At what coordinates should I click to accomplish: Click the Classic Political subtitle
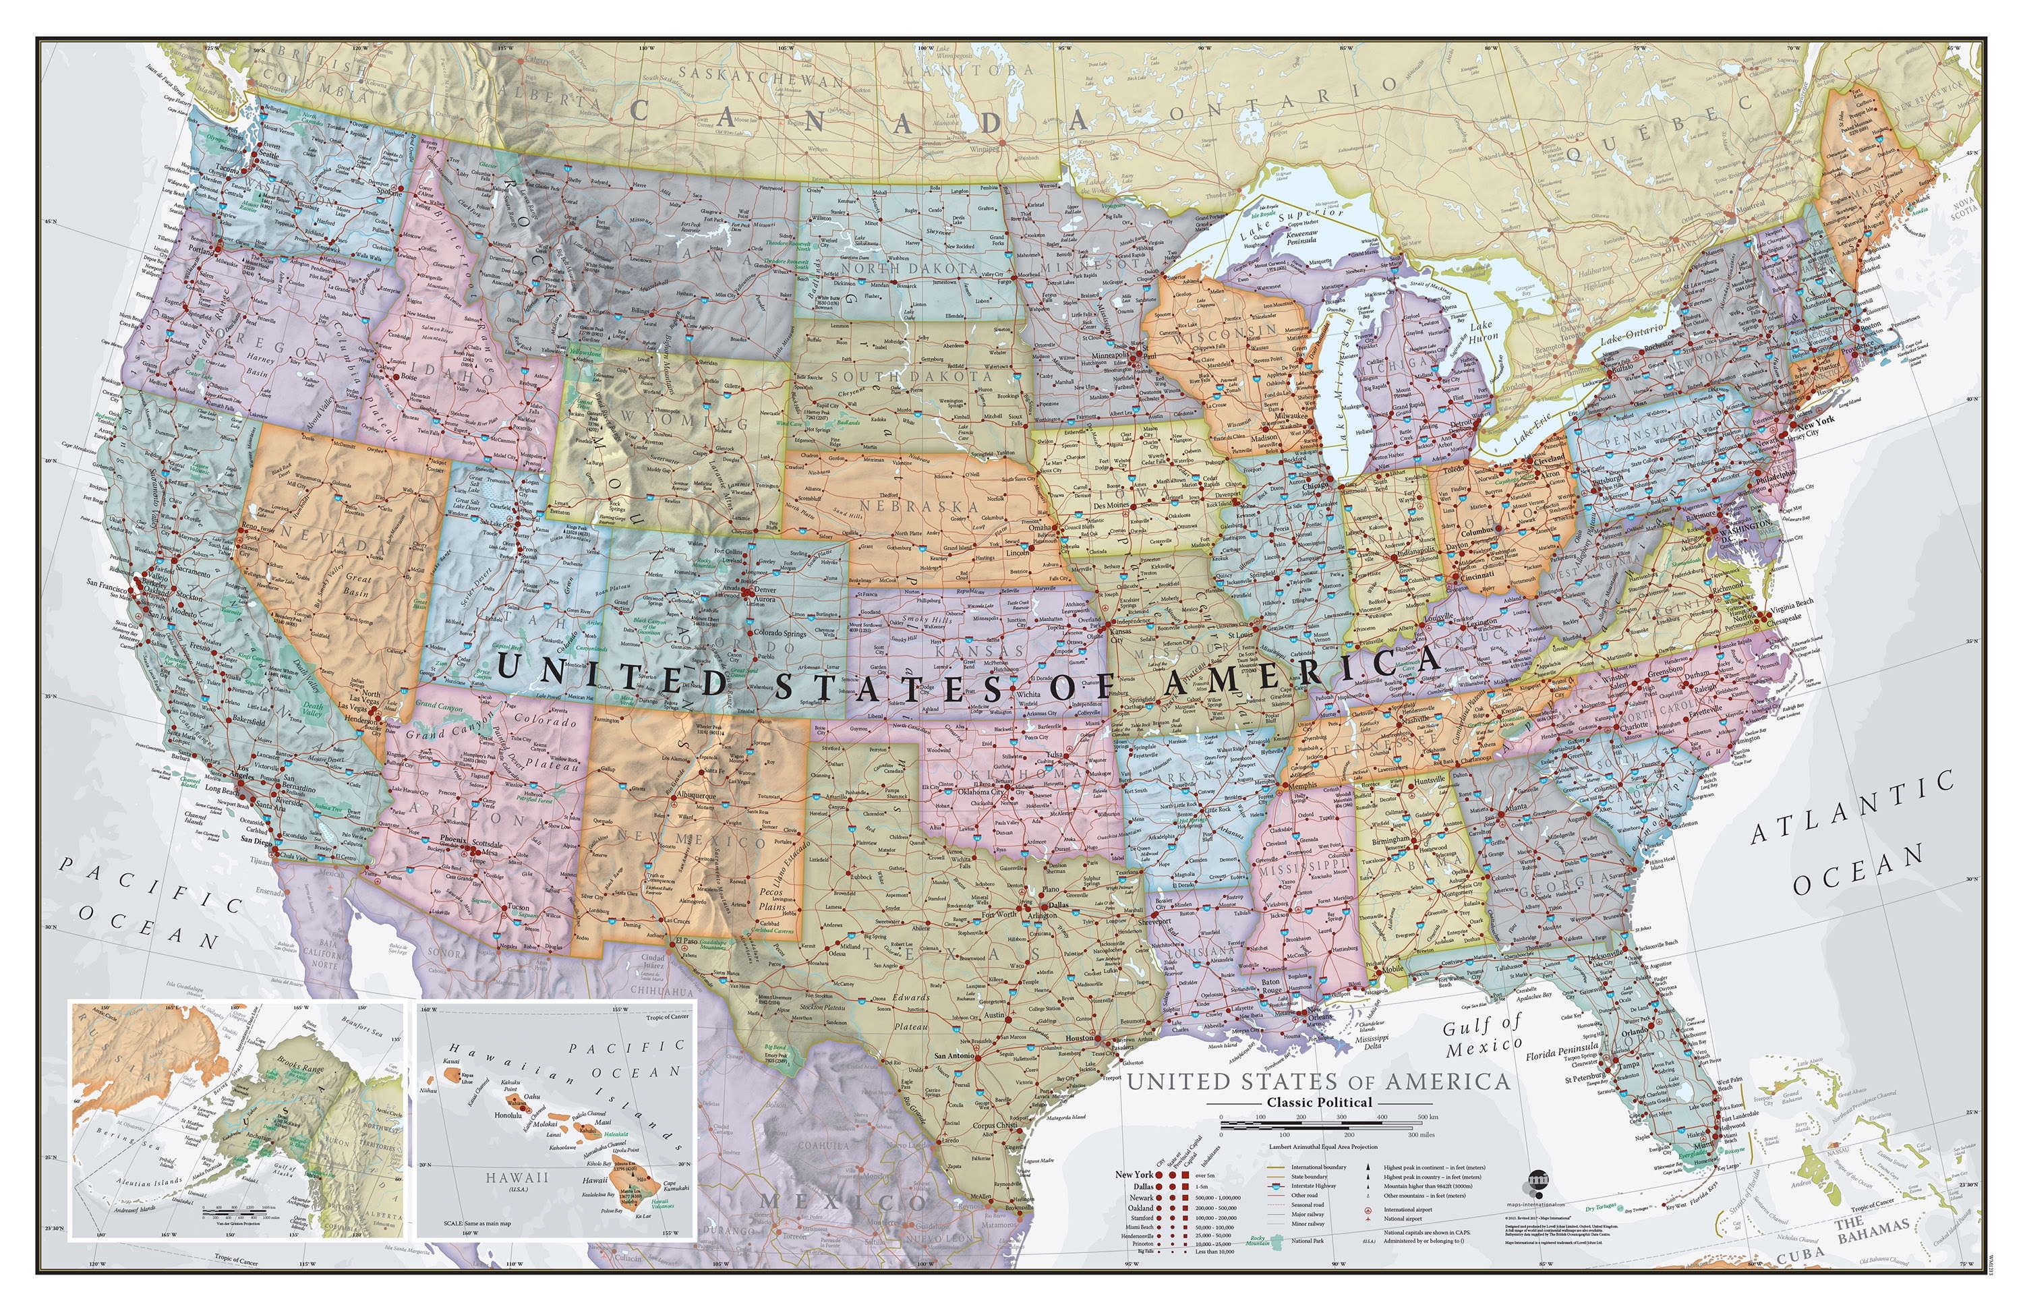(1319, 1103)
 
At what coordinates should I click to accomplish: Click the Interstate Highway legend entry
(1318, 1185)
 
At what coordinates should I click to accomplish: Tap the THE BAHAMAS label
(1870, 1229)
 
